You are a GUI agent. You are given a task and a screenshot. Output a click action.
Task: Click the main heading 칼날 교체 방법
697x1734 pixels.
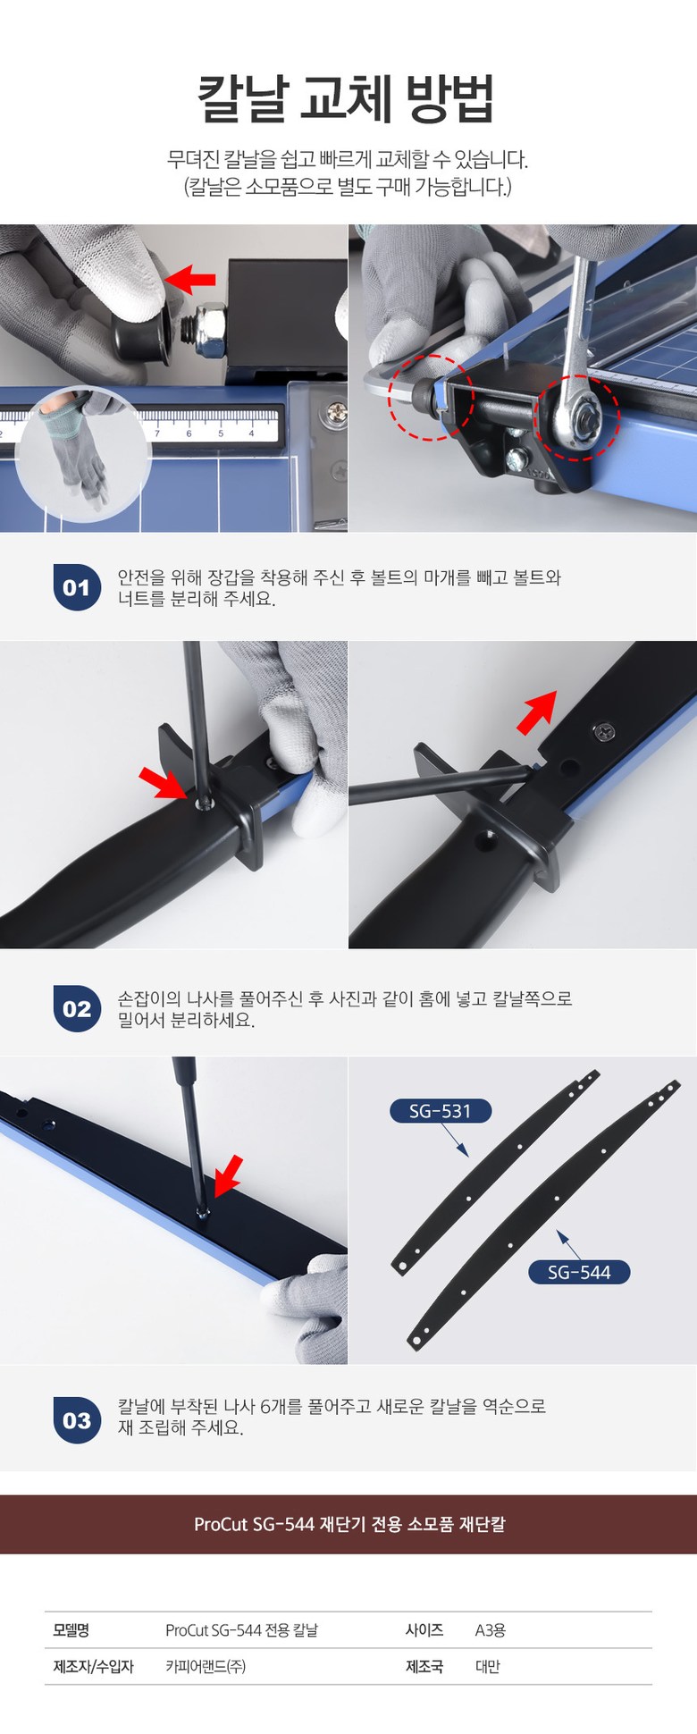coord(346,98)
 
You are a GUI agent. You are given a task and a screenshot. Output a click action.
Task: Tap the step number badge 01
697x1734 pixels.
coord(77,587)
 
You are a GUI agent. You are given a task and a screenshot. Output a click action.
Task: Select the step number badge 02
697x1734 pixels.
coord(77,1008)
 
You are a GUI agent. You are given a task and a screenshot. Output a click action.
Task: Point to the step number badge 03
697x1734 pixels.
coord(77,1420)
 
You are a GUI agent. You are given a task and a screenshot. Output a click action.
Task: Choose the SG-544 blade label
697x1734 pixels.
coord(578,1272)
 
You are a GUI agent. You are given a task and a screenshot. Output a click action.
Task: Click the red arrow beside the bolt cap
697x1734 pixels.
coord(191,279)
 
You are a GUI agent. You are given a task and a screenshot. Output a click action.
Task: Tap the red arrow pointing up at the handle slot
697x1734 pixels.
coord(537,711)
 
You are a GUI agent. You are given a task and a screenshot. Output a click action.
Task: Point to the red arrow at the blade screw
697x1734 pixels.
coord(227,1174)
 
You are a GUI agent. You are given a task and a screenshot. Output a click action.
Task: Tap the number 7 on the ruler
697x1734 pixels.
coord(157,433)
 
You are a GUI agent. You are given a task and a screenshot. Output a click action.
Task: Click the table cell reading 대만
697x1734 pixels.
coord(488,1666)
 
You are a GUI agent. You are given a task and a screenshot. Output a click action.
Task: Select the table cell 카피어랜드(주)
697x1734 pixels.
coord(206,1666)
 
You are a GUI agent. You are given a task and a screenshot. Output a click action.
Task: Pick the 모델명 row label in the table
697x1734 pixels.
coord(71,1629)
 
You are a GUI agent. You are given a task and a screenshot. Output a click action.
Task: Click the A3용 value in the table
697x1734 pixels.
coord(491,1629)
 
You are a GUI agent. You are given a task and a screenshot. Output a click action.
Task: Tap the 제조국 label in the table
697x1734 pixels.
coord(424,1666)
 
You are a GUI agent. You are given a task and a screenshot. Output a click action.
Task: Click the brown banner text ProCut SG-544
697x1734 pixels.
coord(247,1523)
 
